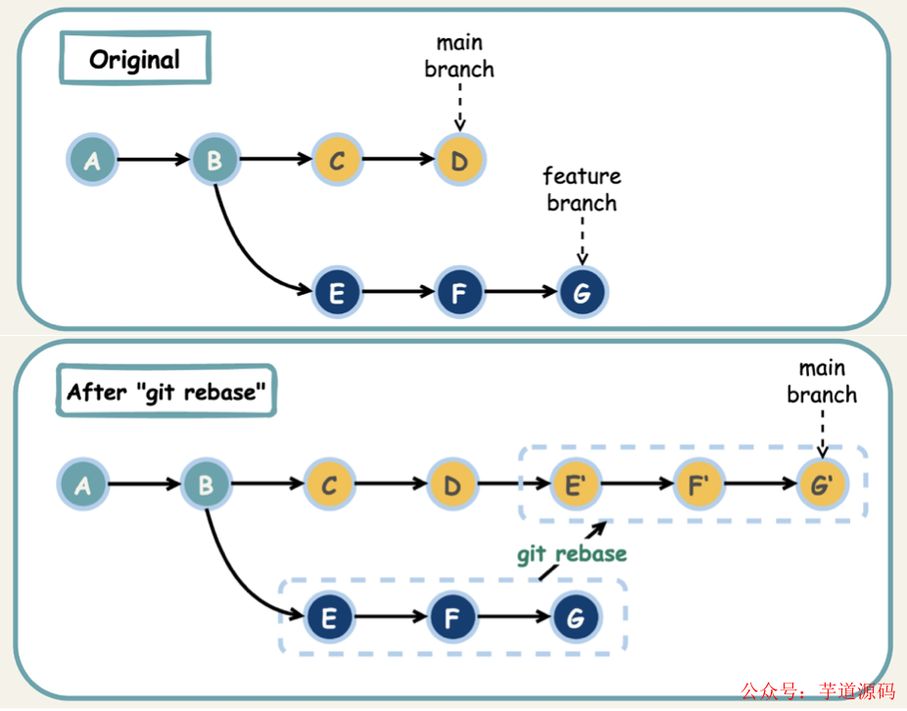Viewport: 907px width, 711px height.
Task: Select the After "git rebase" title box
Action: (166, 392)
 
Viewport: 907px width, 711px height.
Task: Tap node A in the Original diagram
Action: (92, 160)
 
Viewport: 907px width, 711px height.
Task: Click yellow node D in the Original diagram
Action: (458, 160)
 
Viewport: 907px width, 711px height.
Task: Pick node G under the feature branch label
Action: (582, 293)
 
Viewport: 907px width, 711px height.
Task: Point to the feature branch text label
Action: (582, 190)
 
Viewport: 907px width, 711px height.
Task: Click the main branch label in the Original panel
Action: (459, 57)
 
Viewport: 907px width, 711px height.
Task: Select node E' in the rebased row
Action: (575, 484)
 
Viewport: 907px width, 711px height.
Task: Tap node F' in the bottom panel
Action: (698, 484)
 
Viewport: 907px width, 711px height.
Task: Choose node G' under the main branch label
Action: (821, 484)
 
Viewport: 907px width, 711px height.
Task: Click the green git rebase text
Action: (571, 554)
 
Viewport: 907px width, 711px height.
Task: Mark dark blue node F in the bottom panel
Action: (453, 617)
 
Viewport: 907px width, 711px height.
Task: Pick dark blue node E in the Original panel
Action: (337, 293)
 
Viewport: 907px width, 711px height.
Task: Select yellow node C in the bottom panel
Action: (329, 484)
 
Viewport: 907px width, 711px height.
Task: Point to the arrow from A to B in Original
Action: (152, 160)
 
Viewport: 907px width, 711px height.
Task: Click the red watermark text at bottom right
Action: (817, 691)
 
